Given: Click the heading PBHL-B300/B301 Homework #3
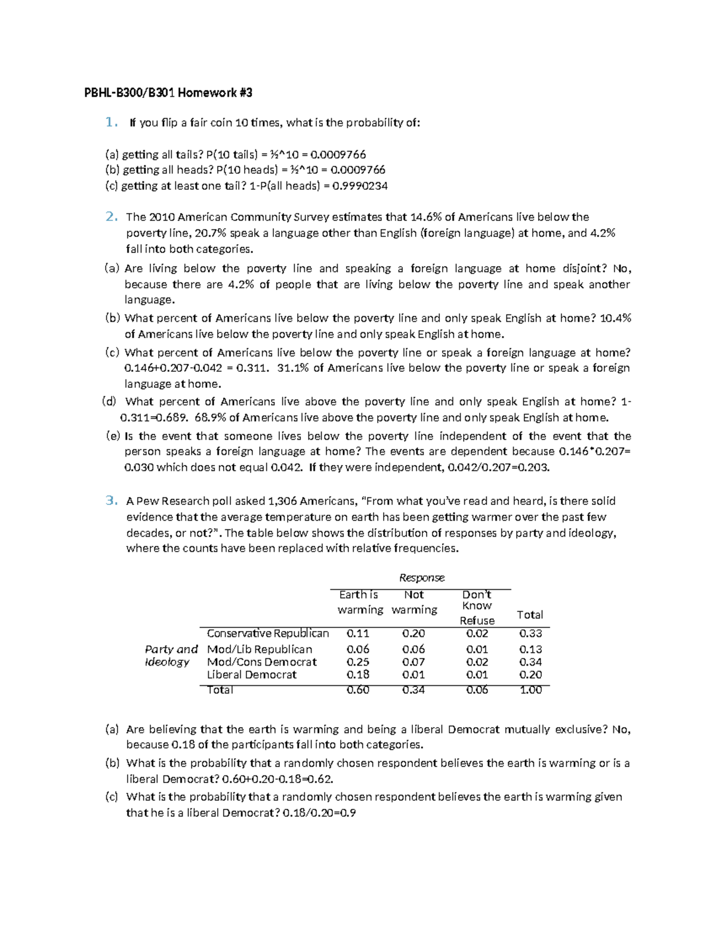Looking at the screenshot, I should click(x=168, y=93).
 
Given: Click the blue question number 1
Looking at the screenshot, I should click(x=110, y=122).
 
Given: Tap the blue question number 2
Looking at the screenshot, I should click(x=111, y=217).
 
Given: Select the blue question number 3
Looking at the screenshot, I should click(x=111, y=501).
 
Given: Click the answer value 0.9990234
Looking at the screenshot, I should click(x=360, y=186).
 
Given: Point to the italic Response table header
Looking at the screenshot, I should click(x=421, y=578).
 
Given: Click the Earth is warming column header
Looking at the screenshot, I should click(x=360, y=602).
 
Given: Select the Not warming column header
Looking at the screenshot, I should click(x=414, y=602).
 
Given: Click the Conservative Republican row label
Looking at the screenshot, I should click(x=267, y=633).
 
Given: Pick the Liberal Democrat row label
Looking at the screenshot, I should click(x=251, y=675).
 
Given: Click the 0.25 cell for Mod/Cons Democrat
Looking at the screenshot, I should click(x=357, y=662).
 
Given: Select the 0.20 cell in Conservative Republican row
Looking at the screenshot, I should click(x=413, y=633).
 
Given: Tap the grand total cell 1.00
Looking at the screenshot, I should click(x=530, y=690).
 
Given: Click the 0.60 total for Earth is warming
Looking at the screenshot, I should click(x=357, y=690).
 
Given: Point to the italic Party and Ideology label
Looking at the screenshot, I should click(x=171, y=655).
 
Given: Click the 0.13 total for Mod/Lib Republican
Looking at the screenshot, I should click(x=530, y=649).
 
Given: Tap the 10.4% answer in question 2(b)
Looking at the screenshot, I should click(x=615, y=318).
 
